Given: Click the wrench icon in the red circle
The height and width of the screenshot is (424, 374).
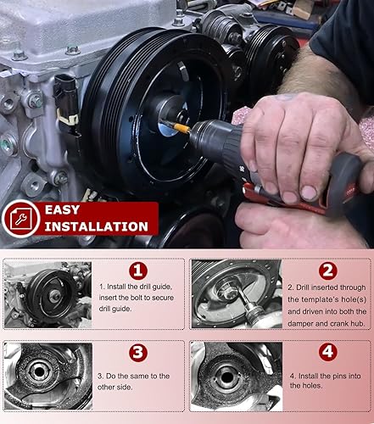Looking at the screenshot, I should tap(20, 219).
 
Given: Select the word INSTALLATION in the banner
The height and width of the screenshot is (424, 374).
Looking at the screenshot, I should tap(96, 226).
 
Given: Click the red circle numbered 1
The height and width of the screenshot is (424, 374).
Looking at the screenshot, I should tap(138, 271).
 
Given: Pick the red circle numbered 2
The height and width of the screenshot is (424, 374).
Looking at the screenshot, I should tap(326, 271).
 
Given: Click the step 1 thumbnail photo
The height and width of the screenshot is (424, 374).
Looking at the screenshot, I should tap(47, 294).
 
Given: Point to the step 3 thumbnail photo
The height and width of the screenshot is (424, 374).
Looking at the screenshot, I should tap(47, 377).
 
